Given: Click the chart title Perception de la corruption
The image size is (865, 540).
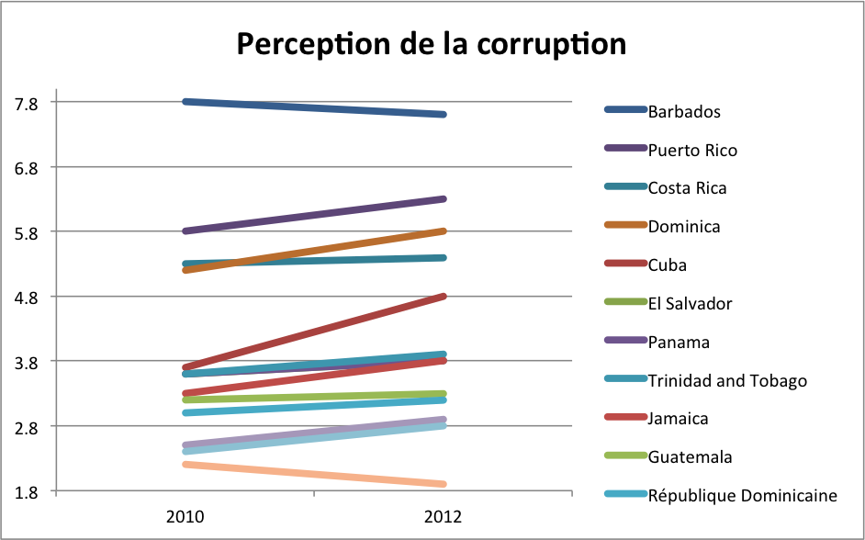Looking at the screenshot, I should (x=432, y=43).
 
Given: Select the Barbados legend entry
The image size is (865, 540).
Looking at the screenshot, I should (x=684, y=112).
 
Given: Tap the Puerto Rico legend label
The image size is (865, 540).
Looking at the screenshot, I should (x=692, y=151).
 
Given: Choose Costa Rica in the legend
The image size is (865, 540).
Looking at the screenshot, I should (x=687, y=188).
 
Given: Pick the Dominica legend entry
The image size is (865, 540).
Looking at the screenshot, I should (x=684, y=227).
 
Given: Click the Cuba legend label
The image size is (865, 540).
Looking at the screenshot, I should (x=668, y=265).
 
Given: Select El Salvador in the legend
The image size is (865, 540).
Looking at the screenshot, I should (x=690, y=304).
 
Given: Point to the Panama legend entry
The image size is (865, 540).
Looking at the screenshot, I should (x=679, y=343).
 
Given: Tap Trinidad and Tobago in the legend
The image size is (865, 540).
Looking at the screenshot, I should (x=727, y=380).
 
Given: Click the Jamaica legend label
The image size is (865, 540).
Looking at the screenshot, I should (x=679, y=419).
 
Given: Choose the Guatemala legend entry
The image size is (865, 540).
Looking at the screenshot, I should (x=690, y=457).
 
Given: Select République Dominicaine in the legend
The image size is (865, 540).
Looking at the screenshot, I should (x=742, y=496).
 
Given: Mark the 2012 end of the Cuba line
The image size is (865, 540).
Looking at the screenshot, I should (x=444, y=297).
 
